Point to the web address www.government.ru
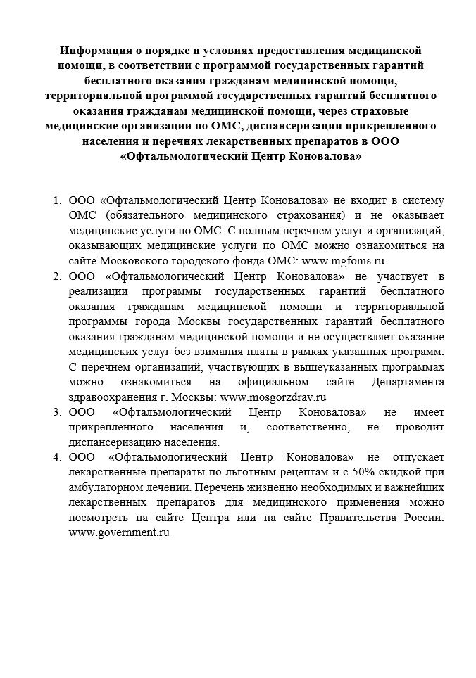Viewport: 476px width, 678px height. pos(120,533)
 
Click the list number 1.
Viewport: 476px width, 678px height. pos(57,200)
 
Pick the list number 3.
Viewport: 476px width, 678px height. pos(57,411)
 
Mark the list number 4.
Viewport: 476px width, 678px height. pos(57,456)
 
